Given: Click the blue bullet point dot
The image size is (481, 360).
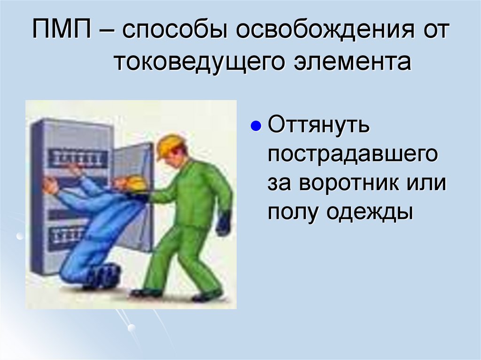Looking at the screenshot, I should [x=256, y=127].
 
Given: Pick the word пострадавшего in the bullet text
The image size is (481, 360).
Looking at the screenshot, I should [x=353, y=155].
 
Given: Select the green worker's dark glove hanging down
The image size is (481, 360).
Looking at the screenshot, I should [x=224, y=223].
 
